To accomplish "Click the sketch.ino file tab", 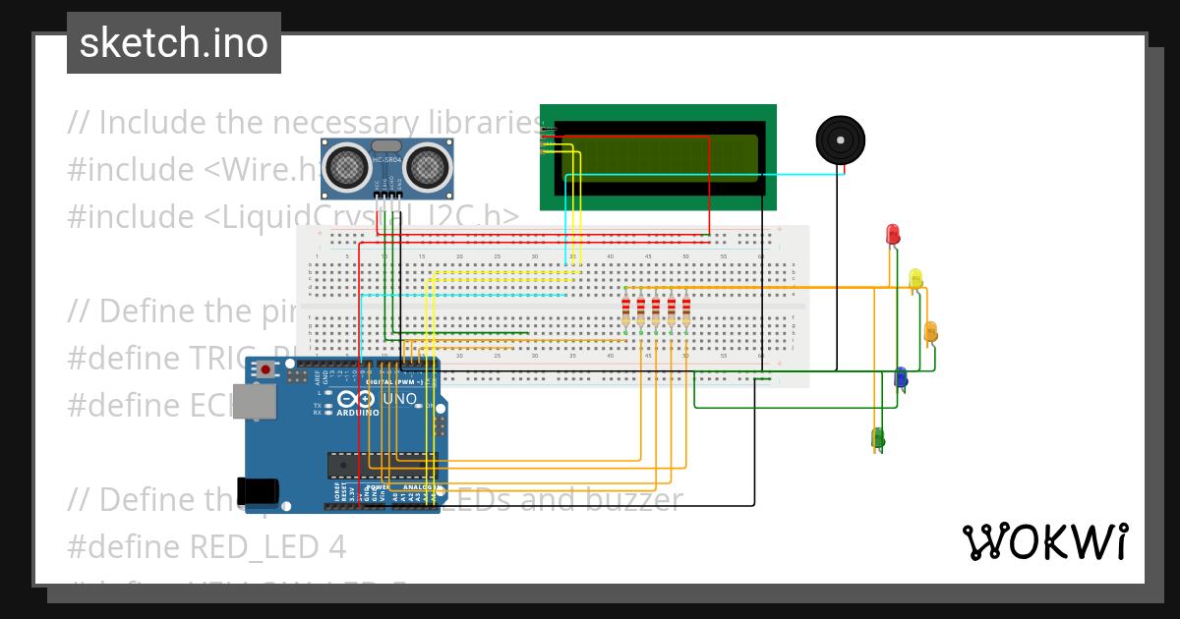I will pos(174,43).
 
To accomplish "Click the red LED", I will pos(893,234).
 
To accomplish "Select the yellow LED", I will pos(915,278).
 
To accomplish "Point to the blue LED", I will pos(900,376).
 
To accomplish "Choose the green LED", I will pos(877,437).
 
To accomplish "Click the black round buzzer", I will pos(842,141).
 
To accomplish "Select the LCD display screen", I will pos(659,157).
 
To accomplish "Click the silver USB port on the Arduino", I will pos(261,402).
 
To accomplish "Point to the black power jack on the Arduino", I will pos(259,491).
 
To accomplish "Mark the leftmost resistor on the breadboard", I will pos(625,311).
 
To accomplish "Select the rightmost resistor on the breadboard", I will pos(686,311).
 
